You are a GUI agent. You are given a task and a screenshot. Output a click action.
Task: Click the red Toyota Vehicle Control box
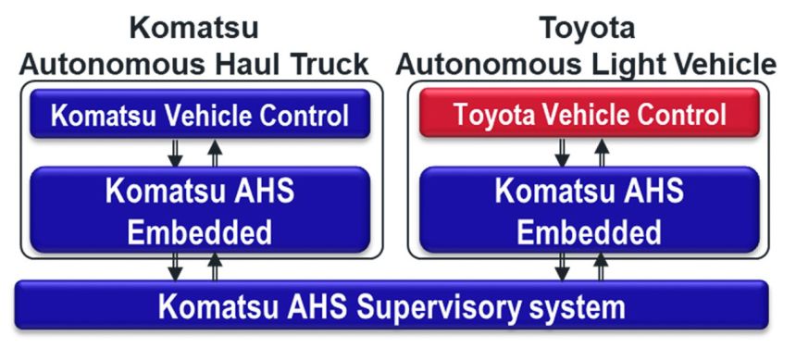point(590,116)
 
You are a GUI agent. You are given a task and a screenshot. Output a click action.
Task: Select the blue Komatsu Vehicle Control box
point(199,116)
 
